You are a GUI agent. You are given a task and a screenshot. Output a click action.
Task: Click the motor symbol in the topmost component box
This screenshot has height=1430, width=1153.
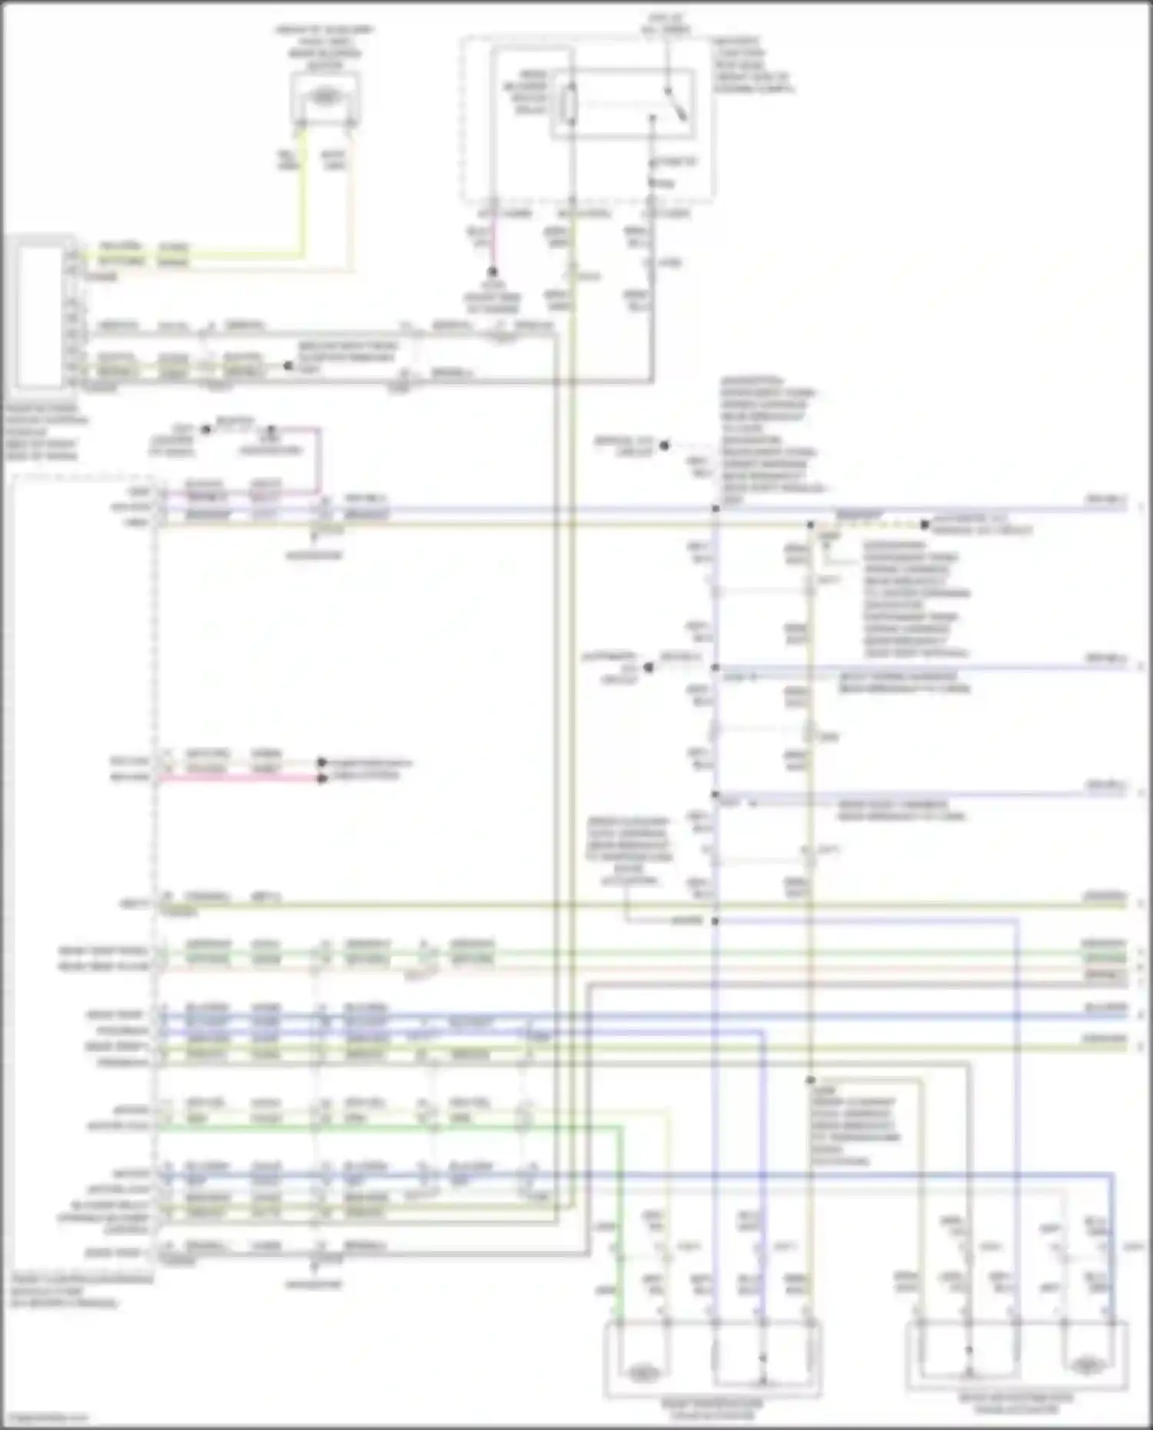click(x=326, y=96)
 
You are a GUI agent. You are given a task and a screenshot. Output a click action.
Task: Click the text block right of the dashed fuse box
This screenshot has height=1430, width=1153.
click(x=752, y=65)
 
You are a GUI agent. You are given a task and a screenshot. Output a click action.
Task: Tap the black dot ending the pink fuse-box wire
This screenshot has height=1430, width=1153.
click(x=493, y=272)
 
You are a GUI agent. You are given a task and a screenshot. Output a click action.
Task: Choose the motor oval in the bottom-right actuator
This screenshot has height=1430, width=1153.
click(x=1087, y=1365)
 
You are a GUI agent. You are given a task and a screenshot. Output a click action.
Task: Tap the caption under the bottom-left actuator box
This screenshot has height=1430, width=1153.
click(x=713, y=1408)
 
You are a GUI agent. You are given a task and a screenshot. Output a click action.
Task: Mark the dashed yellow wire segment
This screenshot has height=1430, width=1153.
click(x=869, y=526)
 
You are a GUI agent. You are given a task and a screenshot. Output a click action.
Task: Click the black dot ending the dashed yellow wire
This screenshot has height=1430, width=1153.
click(x=925, y=526)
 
